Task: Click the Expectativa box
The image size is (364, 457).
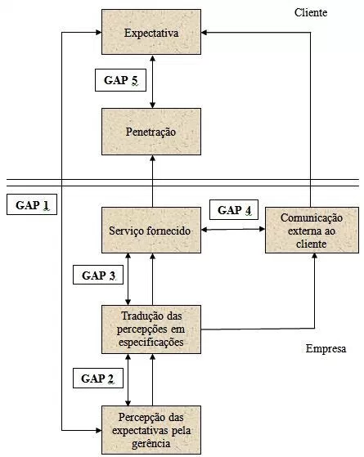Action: pyautogui.click(x=151, y=32)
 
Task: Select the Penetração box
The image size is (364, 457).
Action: pyautogui.click(x=151, y=132)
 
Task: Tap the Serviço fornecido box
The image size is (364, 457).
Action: pyautogui.click(x=151, y=230)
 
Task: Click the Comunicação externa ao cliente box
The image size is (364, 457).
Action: pyautogui.click(x=312, y=230)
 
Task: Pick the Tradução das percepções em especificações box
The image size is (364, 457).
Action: pyautogui.click(x=151, y=329)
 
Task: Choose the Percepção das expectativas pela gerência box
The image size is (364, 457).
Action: pyautogui.click(x=151, y=430)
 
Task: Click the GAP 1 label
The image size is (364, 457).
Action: pyautogui.click(x=32, y=204)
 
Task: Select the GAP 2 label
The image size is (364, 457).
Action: pyautogui.click(x=98, y=378)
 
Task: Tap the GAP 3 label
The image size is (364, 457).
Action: pyautogui.click(x=98, y=275)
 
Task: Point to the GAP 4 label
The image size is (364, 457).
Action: pyautogui.click(x=234, y=209)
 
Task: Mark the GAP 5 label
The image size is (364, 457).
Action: pyautogui.click(x=120, y=80)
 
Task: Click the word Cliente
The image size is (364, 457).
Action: pyautogui.click(x=311, y=12)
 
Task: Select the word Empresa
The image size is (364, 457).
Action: pyautogui.click(x=326, y=348)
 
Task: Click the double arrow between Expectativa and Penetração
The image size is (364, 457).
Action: pyautogui.click(x=152, y=81)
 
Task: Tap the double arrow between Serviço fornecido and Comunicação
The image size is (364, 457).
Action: pyautogui.click(x=233, y=230)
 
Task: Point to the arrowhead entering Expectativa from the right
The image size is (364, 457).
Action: pyautogui.click(x=204, y=33)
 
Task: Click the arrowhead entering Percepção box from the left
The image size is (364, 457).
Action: pyautogui.click(x=99, y=430)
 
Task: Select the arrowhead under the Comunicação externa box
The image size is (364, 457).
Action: pyautogui.click(x=314, y=256)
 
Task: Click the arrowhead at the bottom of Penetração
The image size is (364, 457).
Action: pyautogui.click(x=152, y=158)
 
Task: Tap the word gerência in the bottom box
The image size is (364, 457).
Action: pyautogui.click(x=151, y=444)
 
